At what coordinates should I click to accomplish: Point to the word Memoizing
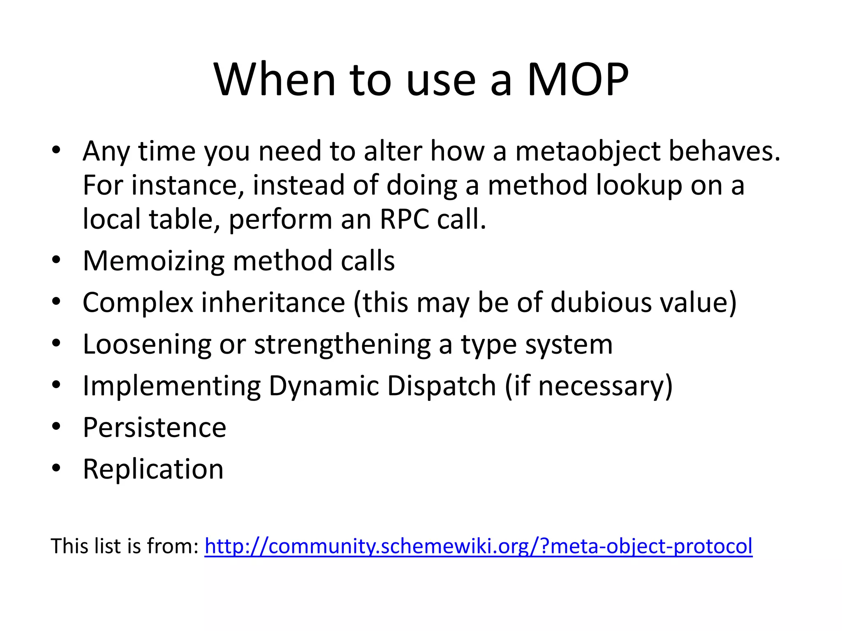[x=153, y=262]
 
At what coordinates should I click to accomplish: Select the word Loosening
[x=147, y=345]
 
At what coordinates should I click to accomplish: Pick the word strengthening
[x=342, y=345]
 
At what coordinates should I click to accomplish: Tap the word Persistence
[x=154, y=428]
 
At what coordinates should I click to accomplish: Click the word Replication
[x=153, y=469]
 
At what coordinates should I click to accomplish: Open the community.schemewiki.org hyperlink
[x=478, y=546]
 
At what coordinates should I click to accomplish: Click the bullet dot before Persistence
[x=56, y=426]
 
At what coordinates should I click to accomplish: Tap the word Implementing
[x=171, y=387]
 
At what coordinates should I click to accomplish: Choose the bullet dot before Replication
[x=56, y=468]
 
